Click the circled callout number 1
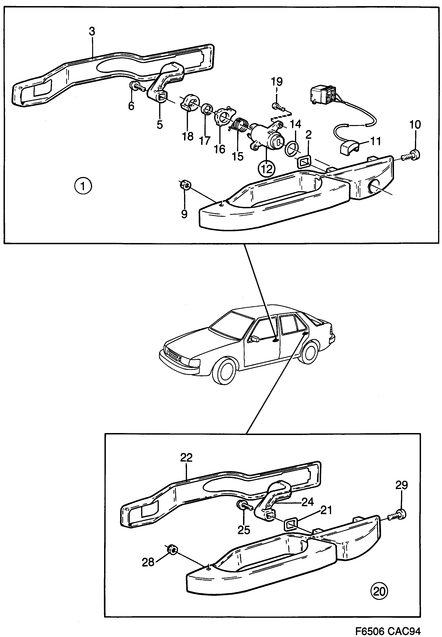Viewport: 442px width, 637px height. coord(83,186)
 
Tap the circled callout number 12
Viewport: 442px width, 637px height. coord(266,169)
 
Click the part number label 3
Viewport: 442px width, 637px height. coord(92,32)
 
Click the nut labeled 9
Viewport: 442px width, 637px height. coord(185,185)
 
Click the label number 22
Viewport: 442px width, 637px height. coord(186,457)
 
